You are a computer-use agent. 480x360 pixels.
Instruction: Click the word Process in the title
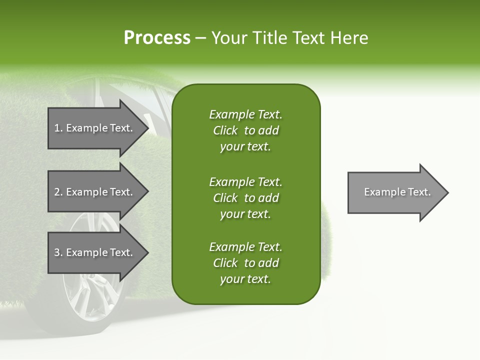pyautogui.click(x=157, y=38)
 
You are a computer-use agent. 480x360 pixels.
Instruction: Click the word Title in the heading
pyautogui.click(x=268, y=38)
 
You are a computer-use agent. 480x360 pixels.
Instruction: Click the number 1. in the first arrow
pyautogui.click(x=58, y=128)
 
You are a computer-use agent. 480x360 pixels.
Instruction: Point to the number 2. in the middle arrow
pyautogui.click(x=58, y=192)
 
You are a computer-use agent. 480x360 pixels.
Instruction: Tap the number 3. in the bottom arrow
pyautogui.click(x=58, y=252)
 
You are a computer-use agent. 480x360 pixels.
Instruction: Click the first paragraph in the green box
pyautogui.click(x=245, y=130)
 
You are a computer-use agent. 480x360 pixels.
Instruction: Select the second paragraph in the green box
pyautogui.click(x=245, y=198)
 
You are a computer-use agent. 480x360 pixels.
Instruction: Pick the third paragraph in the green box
pyautogui.click(x=245, y=263)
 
